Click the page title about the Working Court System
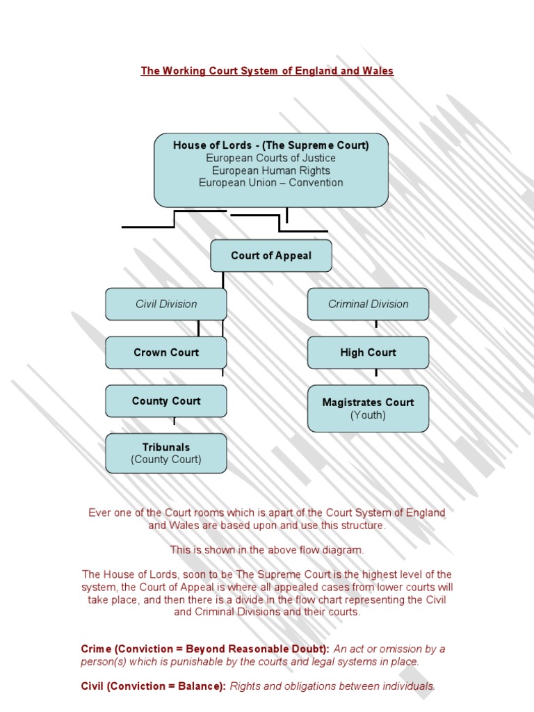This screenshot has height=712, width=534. tap(267, 71)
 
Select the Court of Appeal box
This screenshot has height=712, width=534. tap(271, 255)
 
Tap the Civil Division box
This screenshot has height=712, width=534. tap(165, 304)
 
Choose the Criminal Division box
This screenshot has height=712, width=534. tap(368, 304)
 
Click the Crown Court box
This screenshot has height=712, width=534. tap(165, 353)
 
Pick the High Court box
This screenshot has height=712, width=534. tap(368, 353)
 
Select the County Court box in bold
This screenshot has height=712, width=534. tap(165, 401)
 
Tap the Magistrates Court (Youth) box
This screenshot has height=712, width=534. tap(368, 408)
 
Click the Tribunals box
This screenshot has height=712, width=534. tap(165, 453)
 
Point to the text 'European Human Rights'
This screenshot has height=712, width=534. tap(271, 170)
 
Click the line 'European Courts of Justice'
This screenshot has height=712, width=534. tap(271, 158)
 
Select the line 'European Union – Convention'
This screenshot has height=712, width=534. tap(271, 183)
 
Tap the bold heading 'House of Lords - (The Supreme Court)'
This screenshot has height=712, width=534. tap(271, 145)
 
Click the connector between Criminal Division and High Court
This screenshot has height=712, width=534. tap(376, 324)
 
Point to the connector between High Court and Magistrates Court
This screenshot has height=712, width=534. tap(376, 373)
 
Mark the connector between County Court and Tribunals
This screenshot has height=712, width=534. tap(174, 421)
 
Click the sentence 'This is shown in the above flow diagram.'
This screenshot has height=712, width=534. tap(267, 550)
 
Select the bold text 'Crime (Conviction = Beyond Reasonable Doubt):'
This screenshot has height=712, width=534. tap(206, 649)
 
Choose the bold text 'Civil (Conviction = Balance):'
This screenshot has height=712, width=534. tap(154, 686)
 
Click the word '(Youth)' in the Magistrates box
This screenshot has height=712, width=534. tap(368, 415)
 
